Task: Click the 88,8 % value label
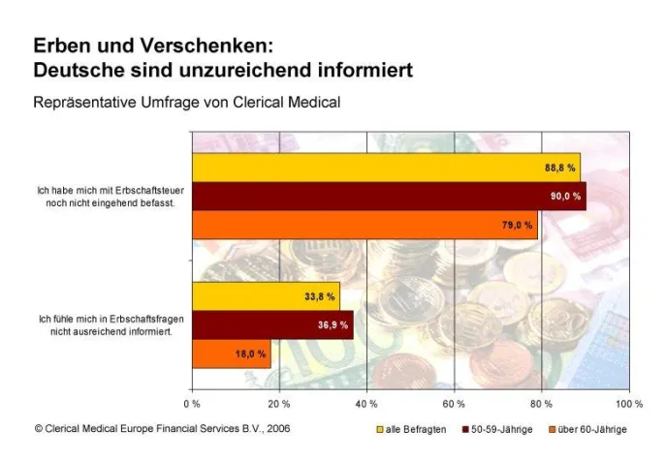point(560,168)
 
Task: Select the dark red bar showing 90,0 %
point(388,197)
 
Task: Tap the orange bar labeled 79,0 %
point(364,225)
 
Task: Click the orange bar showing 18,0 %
point(231,354)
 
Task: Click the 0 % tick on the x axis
point(192,403)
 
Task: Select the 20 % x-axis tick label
point(278,403)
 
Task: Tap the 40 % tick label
point(366,403)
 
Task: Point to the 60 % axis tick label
point(454,403)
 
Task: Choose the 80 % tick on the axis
point(541,403)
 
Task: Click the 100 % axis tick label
point(628,403)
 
